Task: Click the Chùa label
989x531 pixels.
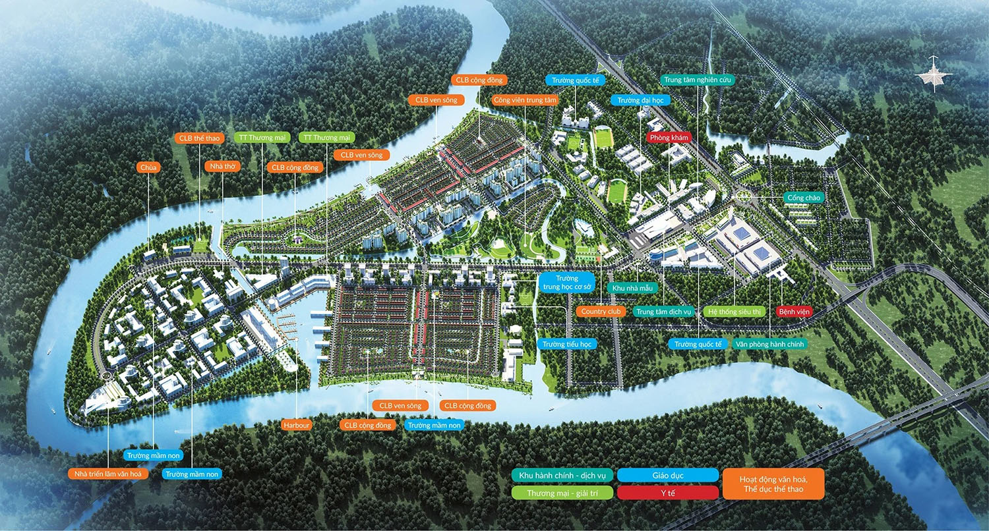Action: click(148, 168)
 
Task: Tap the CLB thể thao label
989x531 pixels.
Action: click(199, 138)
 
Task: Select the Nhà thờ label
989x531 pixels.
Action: click(222, 167)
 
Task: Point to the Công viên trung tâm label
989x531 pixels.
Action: click(525, 100)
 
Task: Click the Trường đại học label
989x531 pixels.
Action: click(640, 100)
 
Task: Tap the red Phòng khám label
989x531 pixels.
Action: click(669, 138)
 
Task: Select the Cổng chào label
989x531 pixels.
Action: click(803, 197)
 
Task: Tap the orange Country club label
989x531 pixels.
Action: click(602, 311)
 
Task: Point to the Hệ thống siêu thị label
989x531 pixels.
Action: click(734, 311)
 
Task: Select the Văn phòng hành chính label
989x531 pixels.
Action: click(769, 344)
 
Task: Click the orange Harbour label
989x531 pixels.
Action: click(295, 425)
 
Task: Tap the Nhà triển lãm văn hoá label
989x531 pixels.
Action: click(108, 474)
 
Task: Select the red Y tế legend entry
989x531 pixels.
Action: click(669, 492)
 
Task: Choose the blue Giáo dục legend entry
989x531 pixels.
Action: click(669, 475)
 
